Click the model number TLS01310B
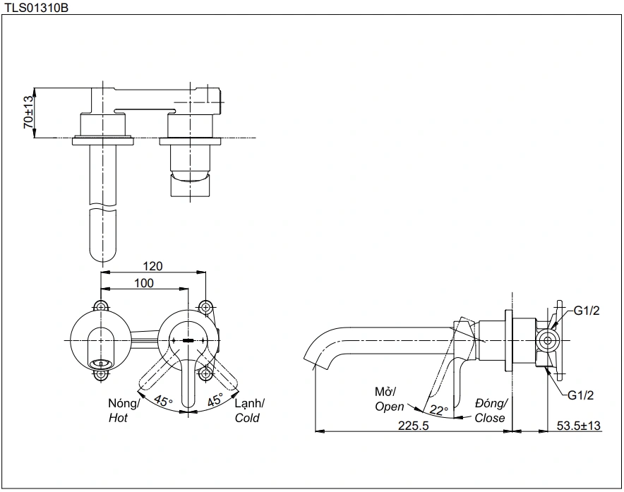pyautogui.click(x=36, y=8)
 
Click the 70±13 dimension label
pyautogui.click(x=28, y=112)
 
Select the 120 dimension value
pyautogui.click(x=153, y=266)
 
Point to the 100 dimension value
pyautogui.click(x=144, y=282)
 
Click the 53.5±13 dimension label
pyautogui.click(x=579, y=426)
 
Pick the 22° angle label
pyautogui.click(x=439, y=410)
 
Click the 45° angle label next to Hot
pyautogui.click(x=164, y=402)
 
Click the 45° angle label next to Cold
pyautogui.click(x=215, y=400)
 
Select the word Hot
pyautogui.click(x=119, y=418)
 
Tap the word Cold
pyautogui.click(x=247, y=418)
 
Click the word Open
pyautogui.click(x=390, y=407)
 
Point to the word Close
pyautogui.click(x=490, y=418)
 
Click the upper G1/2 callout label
pyautogui.click(x=586, y=311)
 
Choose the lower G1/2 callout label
pyautogui.click(x=582, y=395)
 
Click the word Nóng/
pyautogui.click(x=124, y=403)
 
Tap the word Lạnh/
pyautogui.click(x=249, y=403)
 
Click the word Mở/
pyautogui.click(x=386, y=392)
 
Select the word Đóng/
pyautogui.click(x=491, y=403)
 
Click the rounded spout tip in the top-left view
pyautogui.click(x=103, y=256)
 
